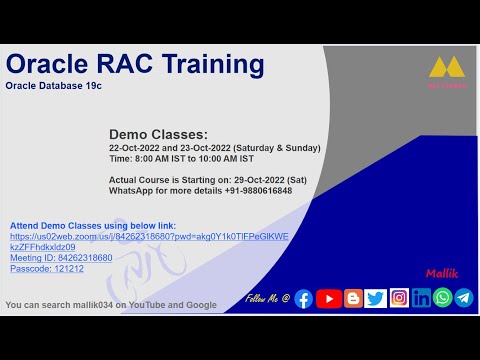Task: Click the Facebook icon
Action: pyautogui.click(x=304, y=298)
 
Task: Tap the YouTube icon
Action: pyautogui.click(x=329, y=298)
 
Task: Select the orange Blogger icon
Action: pyautogui.click(x=353, y=298)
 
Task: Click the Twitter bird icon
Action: pyautogui.click(x=376, y=298)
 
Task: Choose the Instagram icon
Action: pyautogui.click(x=400, y=298)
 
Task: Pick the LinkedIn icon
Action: pyautogui.click(x=421, y=298)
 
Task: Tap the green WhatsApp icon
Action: pyautogui.click(x=442, y=298)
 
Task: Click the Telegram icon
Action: pyautogui.click(x=463, y=298)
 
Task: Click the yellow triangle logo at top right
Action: pyautogui.click(x=446, y=67)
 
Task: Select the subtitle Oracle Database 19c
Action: pyautogui.click(x=54, y=87)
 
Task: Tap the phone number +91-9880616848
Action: pyautogui.click(x=254, y=190)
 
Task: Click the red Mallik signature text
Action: pyautogui.click(x=441, y=272)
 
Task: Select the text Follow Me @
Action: pyautogui.click(x=267, y=299)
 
